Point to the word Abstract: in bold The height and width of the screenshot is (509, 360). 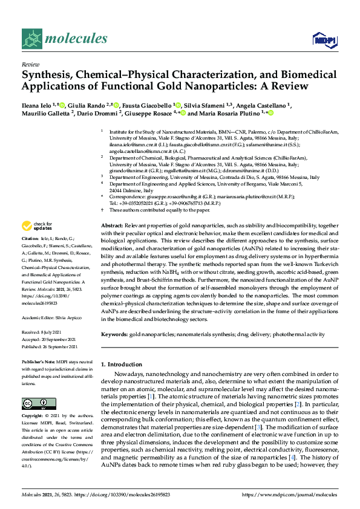click(112, 225)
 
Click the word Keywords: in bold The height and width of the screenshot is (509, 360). click(114, 334)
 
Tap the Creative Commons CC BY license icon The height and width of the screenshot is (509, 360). click(35, 403)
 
